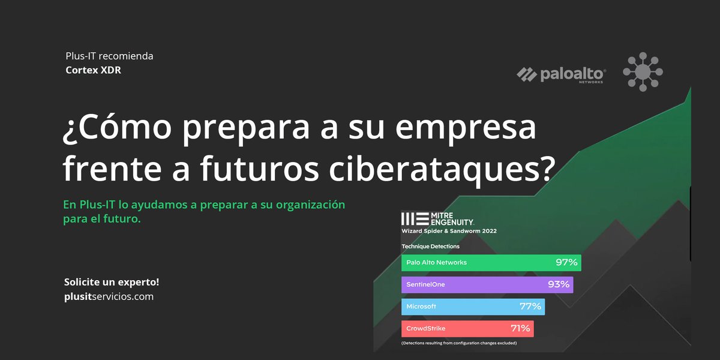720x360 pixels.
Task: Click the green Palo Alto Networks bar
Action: pos(491,263)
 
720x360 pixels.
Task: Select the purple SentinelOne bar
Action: pos(487,284)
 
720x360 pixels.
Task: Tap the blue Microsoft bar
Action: pos(473,307)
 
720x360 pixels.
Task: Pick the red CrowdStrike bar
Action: pos(467,329)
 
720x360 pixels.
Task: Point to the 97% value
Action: pos(566,263)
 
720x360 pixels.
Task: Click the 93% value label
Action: pos(559,284)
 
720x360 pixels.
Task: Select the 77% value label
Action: pos(530,307)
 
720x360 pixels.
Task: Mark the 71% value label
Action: pos(519,329)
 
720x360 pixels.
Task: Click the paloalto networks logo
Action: pos(561,74)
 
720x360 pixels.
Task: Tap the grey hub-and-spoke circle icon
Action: pos(643,71)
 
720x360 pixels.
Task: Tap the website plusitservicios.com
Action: pos(109,296)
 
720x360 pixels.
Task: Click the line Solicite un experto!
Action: pos(111,282)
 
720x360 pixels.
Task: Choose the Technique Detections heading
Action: pos(430,247)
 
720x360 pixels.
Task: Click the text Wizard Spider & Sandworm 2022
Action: pos(449,231)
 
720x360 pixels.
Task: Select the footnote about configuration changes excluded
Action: pos(459,344)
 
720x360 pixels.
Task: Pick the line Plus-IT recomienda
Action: pos(109,56)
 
